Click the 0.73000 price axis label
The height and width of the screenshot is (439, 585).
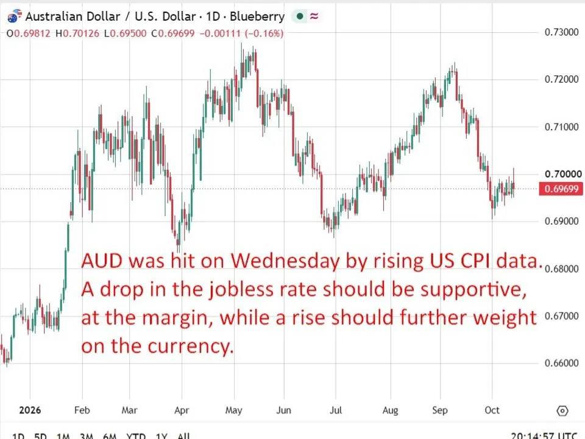click(x=561, y=32)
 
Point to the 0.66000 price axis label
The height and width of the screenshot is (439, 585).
click(x=561, y=363)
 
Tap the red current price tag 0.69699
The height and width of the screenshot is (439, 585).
click(x=561, y=189)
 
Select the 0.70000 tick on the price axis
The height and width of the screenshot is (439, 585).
click(x=563, y=174)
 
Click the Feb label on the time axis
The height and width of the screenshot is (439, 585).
click(x=82, y=410)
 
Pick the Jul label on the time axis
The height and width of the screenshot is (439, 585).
click(x=335, y=410)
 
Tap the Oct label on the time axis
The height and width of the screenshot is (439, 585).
click(x=492, y=410)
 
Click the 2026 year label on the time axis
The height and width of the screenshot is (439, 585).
click(x=30, y=410)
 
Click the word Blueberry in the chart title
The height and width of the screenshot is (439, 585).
click(x=257, y=16)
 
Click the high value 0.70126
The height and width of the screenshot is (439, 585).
click(x=81, y=33)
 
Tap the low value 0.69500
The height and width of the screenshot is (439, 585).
click(x=129, y=33)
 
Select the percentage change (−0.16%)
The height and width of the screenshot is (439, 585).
click(x=264, y=33)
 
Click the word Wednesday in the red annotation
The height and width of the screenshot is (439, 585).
click(x=285, y=260)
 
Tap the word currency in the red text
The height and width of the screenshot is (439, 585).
click(x=190, y=347)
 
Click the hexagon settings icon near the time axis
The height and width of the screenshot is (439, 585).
click(x=562, y=410)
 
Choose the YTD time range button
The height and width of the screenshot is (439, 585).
click(x=136, y=435)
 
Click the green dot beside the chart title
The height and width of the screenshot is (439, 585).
click(x=300, y=16)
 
